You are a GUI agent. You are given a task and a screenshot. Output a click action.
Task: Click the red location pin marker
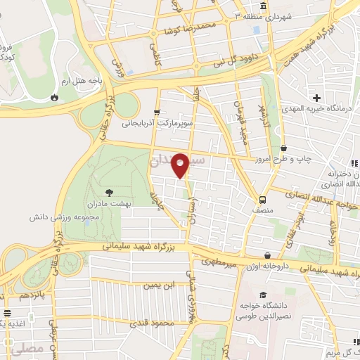click(x=181, y=165)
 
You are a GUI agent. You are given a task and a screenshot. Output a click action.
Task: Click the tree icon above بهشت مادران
click(x=108, y=191)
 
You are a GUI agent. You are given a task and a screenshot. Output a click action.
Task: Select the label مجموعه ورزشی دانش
click(x=81, y=218)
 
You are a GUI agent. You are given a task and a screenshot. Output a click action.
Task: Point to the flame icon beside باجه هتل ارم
click(x=55, y=97)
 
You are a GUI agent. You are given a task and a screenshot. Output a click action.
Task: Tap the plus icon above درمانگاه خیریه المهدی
click(x=318, y=97)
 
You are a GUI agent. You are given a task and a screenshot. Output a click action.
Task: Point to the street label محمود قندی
click(x=151, y=323)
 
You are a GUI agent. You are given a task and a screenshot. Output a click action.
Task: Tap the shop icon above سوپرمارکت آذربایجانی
click(x=156, y=111)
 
